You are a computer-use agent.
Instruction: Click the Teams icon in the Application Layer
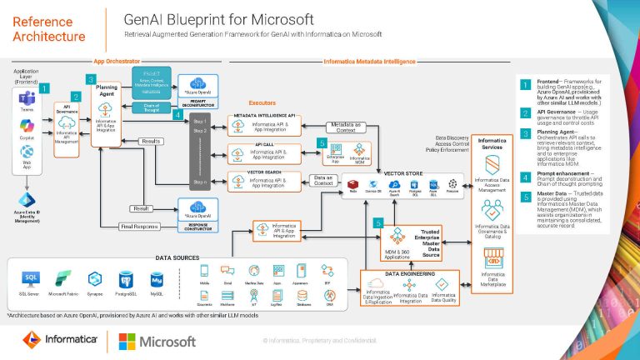(x=26, y=99)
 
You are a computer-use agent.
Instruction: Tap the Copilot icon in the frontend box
(x=26, y=125)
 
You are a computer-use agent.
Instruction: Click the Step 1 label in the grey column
(x=199, y=122)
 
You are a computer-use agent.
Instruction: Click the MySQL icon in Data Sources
(x=155, y=277)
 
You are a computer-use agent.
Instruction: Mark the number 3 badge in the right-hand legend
(x=525, y=132)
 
